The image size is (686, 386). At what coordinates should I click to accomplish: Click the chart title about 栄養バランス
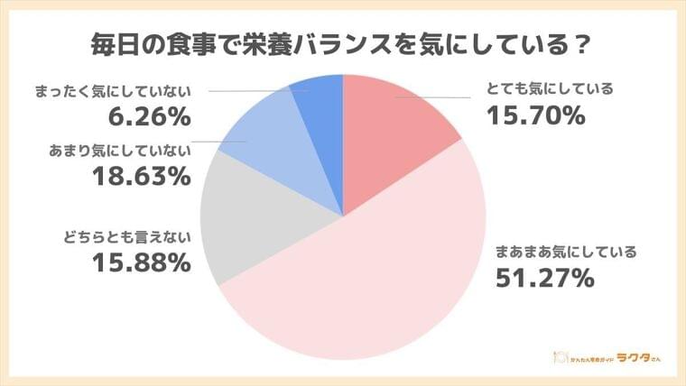[342, 42]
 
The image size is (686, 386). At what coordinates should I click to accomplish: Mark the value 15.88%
[141, 264]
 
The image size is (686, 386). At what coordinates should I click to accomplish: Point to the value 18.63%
[141, 176]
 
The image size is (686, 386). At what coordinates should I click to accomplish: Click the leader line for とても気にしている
[442, 96]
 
